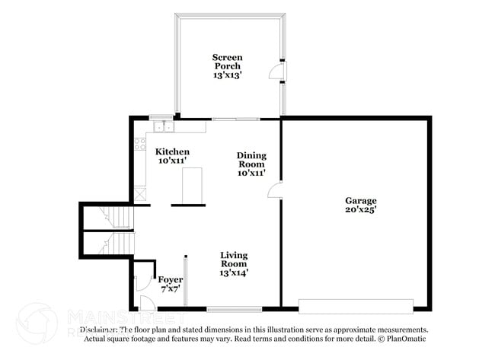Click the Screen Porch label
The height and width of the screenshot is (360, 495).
pos(227,61)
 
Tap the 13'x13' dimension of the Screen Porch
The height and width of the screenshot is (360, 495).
pos(227,75)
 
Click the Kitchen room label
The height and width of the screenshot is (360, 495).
pos(172,152)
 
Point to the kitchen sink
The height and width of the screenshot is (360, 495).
pos(161,126)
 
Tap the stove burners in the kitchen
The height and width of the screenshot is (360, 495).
pos(140,143)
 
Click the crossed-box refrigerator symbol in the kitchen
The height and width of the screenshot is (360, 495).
pos(141,194)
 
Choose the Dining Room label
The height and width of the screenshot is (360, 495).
pos(251,159)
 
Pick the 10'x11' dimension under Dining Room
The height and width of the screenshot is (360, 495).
pos(251,173)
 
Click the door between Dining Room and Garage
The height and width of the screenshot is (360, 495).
pos(276,190)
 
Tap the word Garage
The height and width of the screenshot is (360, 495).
pos(361,201)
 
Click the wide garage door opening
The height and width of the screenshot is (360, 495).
pos(356,305)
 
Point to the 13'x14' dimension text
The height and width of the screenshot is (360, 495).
pos(234,272)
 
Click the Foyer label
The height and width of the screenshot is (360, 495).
pos(170,279)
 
